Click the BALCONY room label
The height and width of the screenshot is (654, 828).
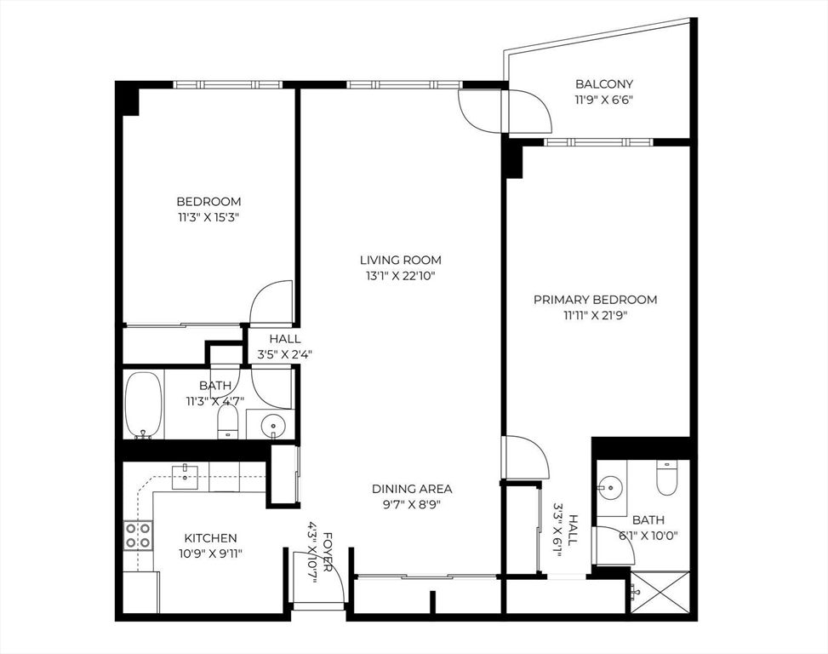[x=604, y=84]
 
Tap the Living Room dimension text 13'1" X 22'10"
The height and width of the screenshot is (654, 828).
[x=402, y=276]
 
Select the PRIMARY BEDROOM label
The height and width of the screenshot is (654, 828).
[x=595, y=300]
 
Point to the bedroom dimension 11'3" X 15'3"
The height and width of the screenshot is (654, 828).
[x=208, y=217]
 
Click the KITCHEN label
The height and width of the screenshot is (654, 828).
[x=211, y=538]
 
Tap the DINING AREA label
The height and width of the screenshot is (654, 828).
[x=412, y=489]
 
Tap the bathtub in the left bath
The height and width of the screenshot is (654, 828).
[x=142, y=404]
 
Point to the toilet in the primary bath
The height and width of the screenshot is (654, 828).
[x=666, y=478]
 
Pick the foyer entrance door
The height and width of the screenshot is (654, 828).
[x=318, y=579]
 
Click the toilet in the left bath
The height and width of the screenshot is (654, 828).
[x=227, y=421]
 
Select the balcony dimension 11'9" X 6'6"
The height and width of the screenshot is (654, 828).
[x=604, y=100]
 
